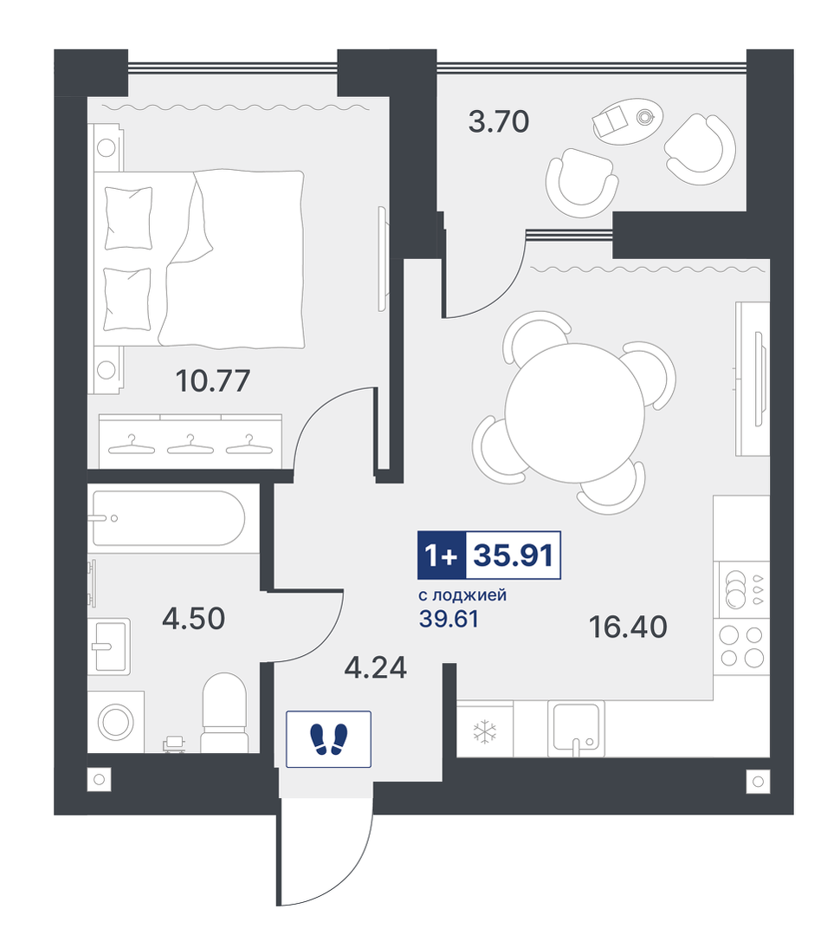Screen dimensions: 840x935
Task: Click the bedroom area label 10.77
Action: click(x=213, y=381)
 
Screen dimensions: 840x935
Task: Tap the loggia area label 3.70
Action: click(x=499, y=121)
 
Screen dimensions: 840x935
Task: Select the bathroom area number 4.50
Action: click(x=194, y=619)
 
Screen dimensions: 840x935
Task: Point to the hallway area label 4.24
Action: click(x=375, y=668)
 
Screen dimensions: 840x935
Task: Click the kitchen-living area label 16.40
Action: click(x=628, y=627)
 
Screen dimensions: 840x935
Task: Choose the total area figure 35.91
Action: click(x=513, y=555)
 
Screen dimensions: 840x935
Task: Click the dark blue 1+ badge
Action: click(x=442, y=555)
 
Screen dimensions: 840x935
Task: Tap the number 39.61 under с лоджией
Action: click(x=449, y=620)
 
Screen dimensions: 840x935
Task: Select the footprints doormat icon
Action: click(x=328, y=739)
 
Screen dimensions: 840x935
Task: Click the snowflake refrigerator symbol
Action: click(x=484, y=732)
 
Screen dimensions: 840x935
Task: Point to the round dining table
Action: click(x=575, y=413)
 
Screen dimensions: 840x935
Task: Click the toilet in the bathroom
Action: click(x=224, y=712)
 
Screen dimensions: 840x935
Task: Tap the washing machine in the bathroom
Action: click(x=115, y=722)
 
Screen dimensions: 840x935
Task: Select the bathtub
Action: click(x=168, y=518)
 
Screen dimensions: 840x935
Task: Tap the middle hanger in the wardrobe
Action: click(x=190, y=445)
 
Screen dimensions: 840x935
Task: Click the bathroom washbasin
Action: click(x=110, y=646)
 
